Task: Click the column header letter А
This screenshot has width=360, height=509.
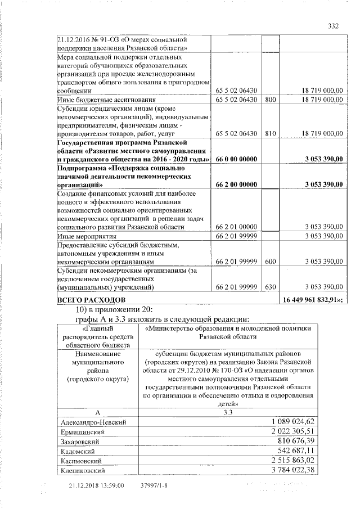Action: point(98,412)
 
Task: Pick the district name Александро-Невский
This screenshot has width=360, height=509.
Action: point(92,421)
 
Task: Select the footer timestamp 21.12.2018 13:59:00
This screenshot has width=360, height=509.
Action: point(96,485)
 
